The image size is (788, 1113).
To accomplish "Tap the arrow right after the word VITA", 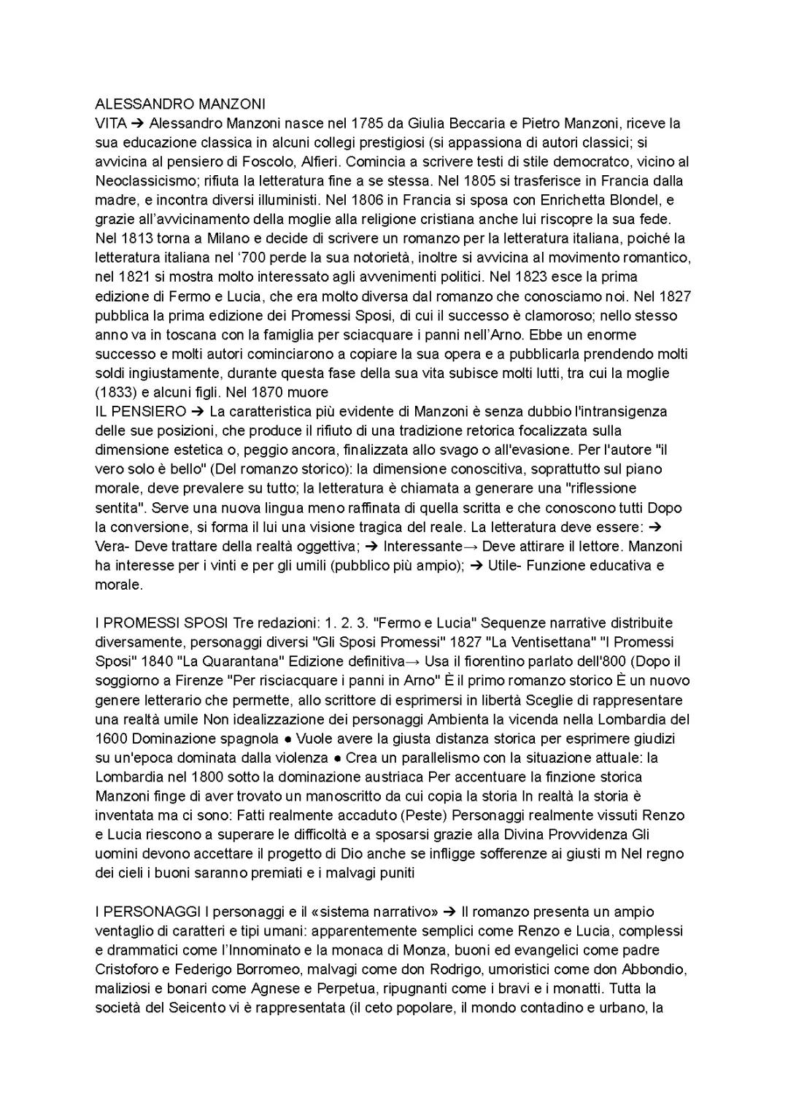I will pyautogui.click(x=138, y=123).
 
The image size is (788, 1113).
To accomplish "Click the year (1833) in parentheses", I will pyautogui.click(x=115, y=392).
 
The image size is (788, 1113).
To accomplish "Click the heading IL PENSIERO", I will pyautogui.click(x=140, y=411).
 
